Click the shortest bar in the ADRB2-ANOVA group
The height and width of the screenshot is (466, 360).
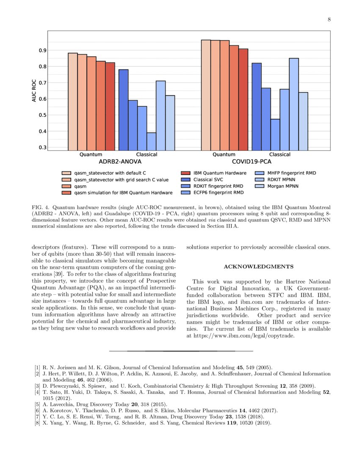[x=151, y=141]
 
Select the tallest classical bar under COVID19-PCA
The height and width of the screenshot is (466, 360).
[x=294, y=104]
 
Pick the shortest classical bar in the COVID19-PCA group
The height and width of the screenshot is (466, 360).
[x=275, y=134]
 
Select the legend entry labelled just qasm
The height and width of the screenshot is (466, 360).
[x=80, y=186]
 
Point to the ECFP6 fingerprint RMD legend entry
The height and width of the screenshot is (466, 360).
[x=219, y=193]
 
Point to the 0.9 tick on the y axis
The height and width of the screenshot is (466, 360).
[x=43, y=50]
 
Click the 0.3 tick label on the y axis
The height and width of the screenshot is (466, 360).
[x=43, y=147]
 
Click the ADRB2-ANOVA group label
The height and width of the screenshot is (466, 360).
[x=120, y=162]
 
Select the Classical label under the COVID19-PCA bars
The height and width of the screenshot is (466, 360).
[x=280, y=155]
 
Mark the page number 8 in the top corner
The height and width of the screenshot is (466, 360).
[x=329, y=19]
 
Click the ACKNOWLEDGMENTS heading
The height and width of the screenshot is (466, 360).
[x=258, y=266]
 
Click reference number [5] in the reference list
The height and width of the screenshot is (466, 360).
[x=38, y=405]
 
